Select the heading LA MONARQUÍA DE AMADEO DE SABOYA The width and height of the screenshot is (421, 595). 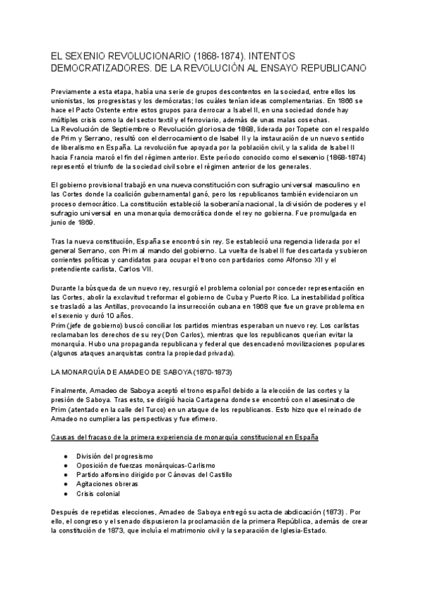coord(142,370)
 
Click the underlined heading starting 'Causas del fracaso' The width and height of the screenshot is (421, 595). coord(185,438)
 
